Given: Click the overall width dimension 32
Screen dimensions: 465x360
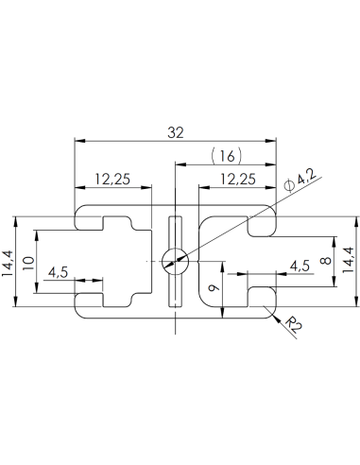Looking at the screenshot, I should (x=175, y=133).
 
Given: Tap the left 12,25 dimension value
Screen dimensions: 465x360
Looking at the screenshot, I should (x=113, y=179).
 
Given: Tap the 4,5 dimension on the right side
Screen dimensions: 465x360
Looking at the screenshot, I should (x=300, y=267).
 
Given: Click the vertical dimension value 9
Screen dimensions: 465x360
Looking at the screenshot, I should (x=216, y=282).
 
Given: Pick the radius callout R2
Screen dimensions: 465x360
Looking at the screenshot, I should (x=294, y=328).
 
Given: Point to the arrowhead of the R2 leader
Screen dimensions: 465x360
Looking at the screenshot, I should (x=274, y=316).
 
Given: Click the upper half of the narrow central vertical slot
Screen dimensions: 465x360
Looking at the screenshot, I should (x=174, y=232).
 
